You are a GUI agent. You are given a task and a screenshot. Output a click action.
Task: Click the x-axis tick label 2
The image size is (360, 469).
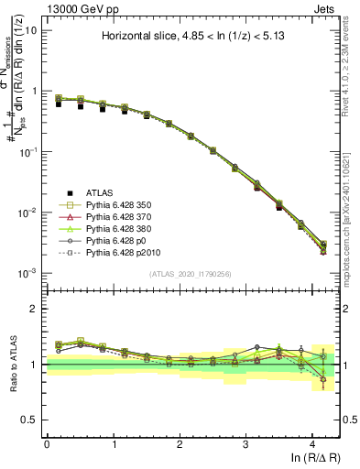tap(180, 443)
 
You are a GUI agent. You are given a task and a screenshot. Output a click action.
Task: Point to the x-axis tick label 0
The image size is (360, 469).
tap(47, 443)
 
